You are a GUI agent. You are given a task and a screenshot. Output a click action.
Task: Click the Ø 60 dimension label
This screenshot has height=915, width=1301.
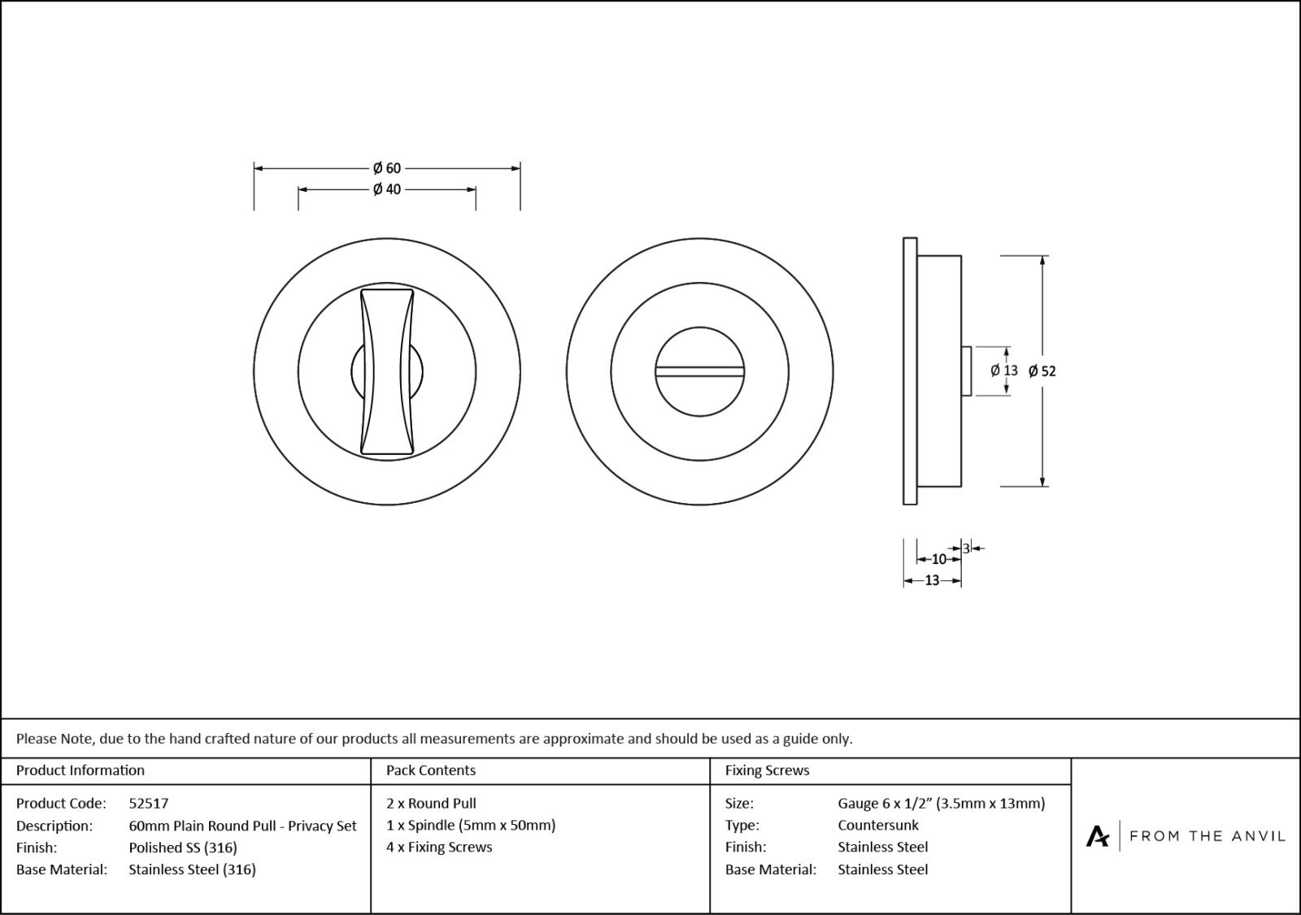(x=387, y=168)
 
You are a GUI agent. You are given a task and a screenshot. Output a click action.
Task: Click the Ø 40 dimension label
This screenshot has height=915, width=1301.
(x=387, y=189)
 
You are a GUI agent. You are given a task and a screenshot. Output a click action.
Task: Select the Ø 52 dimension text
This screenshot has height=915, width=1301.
(x=1042, y=371)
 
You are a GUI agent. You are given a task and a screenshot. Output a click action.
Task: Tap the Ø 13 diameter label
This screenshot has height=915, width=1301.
(x=1004, y=371)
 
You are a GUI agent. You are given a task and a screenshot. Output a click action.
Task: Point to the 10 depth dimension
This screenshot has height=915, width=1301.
(x=938, y=559)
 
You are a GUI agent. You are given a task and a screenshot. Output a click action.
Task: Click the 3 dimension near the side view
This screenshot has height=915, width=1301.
(x=966, y=549)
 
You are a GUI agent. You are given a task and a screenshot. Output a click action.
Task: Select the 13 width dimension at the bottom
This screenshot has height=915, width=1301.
(x=932, y=580)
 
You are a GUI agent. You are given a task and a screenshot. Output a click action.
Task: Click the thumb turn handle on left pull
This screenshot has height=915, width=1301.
(x=387, y=371)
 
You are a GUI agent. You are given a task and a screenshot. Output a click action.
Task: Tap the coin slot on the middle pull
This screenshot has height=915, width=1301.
(x=699, y=372)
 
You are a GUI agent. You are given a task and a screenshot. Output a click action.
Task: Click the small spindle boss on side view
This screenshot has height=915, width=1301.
(x=966, y=371)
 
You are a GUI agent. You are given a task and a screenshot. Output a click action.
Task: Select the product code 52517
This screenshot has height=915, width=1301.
(x=149, y=804)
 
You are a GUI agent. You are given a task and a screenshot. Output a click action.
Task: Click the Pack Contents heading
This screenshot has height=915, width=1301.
(x=431, y=770)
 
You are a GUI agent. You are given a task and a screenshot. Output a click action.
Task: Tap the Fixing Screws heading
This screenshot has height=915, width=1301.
(x=767, y=770)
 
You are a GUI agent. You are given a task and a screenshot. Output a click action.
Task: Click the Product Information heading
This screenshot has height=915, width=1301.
(x=80, y=770)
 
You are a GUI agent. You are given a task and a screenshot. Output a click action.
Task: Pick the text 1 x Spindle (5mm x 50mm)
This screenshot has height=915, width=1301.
(x=471, y=826)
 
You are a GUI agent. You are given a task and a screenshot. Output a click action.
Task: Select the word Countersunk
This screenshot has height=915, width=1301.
(x=878, y=826)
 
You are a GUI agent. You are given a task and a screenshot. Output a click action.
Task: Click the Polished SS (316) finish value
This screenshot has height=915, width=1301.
(x=183, y=848)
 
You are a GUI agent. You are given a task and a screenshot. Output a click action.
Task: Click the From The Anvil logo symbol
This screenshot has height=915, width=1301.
(x=1097, y=836)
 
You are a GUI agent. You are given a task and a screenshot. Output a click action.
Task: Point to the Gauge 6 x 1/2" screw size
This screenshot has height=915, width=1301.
(x=941, y=804)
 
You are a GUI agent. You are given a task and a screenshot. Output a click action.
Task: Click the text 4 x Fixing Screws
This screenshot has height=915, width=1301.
(x=439, y=848)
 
